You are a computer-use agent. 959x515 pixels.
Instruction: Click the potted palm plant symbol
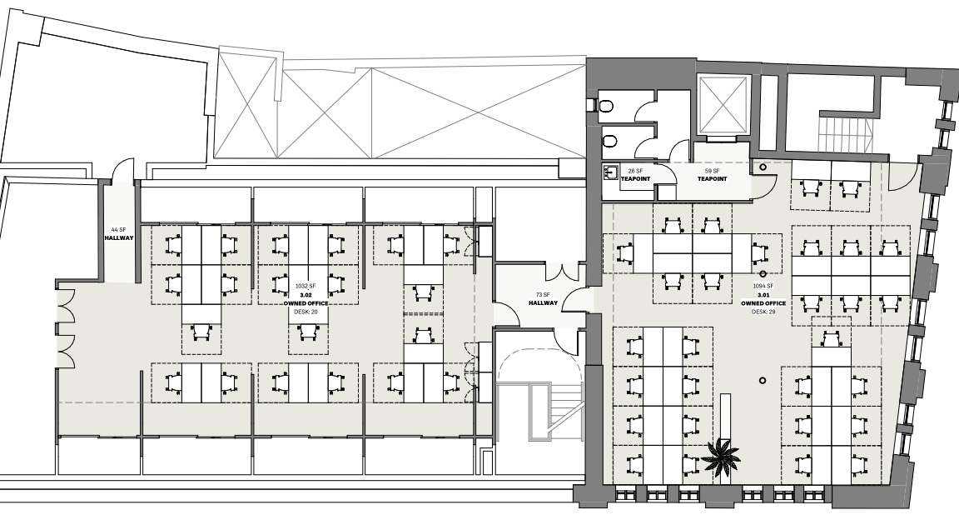pyautogui.click(x=721, y=456)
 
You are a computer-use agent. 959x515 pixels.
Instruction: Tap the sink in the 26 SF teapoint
pyautogui.click(x=609, y=173)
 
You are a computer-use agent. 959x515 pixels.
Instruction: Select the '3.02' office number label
pyautogui.click(x=306, y=294)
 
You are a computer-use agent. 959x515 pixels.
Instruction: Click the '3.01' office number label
pyautogui.click(x=763, y=294)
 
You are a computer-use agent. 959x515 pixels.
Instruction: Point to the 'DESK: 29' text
pyautogui.click(x=763, y=312)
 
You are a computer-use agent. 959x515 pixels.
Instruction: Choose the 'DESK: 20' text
pyautogui.click(x=306, y=312)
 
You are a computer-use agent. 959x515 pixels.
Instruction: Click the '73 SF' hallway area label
pyautogui.click(x=543, y=294)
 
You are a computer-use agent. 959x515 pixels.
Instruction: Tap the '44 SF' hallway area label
pyautogui.click(x=119, y=229)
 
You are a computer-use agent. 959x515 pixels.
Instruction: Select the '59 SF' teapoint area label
pyautogui.click(x=712, y=171)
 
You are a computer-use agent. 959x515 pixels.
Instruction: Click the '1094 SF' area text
pyautogui.click(x=763, y=286)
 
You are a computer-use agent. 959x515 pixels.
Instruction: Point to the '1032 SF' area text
pyautogui.click(x=306, y=286)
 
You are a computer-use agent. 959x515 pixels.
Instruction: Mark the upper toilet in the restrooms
pyautogui.click(x=605, y=107)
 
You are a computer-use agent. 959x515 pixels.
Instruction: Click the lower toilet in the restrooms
pyautogui.click(x=608, y=142)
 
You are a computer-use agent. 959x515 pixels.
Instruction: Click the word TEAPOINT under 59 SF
pyautogui.click(x=712, y=179)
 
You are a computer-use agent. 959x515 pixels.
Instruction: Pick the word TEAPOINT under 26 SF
pyautogui.click(x=635, y=179)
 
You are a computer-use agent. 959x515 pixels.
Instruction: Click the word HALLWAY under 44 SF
pyautogui.click(x=119, y=237)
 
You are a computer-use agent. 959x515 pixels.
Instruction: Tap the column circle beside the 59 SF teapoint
pyautogui.click(x=763, y=167)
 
